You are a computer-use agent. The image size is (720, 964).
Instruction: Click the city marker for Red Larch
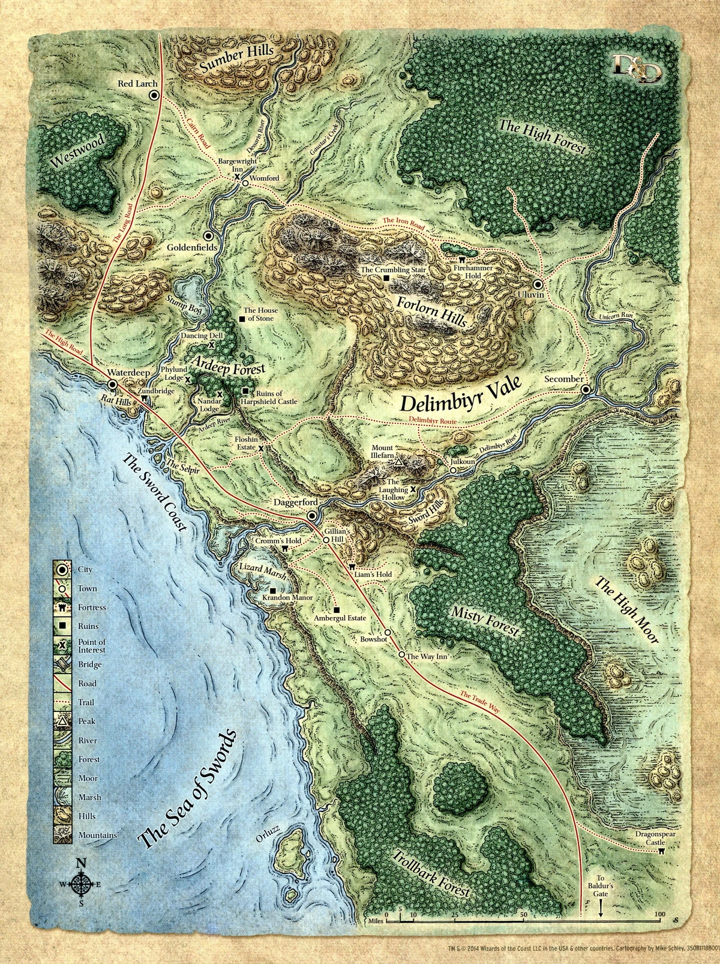click(154, 95)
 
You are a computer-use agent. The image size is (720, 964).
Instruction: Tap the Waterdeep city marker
click(112, 384)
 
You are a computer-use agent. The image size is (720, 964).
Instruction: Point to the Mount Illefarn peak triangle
click(398, 463)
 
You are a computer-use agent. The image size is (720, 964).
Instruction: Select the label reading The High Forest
click(542, 136)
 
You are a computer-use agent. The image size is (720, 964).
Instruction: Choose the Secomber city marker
click(586, 390)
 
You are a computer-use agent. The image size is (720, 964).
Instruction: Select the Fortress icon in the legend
click(63, 607)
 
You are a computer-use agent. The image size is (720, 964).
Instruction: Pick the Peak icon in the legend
click(63, 721)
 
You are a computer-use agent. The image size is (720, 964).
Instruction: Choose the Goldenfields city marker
click(208, 236)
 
